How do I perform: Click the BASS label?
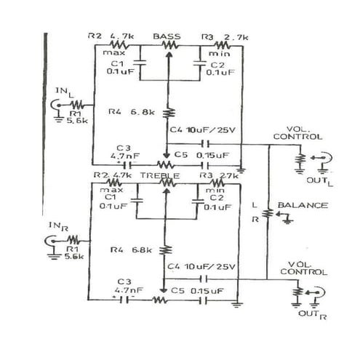(x=167, y=36)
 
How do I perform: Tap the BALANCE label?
(x=307, y=205)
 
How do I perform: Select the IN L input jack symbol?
(x=56, y=105)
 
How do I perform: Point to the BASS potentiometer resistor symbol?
(x=168, y=45)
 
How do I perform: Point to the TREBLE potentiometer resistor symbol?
(x=167, y=185)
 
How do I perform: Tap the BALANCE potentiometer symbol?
(x=268, y=213)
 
